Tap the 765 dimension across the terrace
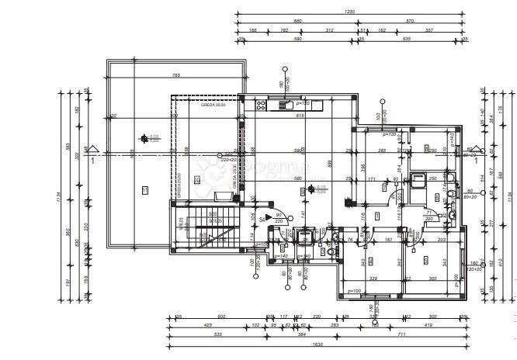pos(177,75)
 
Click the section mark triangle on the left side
pos(93,150)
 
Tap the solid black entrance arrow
pos(269,216)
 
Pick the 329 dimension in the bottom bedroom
pos(373,277)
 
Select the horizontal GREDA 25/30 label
pos(212,103)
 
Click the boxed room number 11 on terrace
pos(144,189)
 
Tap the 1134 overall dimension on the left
pos(59,198)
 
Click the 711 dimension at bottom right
pos(402,334)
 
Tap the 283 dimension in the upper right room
pos(381,151)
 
